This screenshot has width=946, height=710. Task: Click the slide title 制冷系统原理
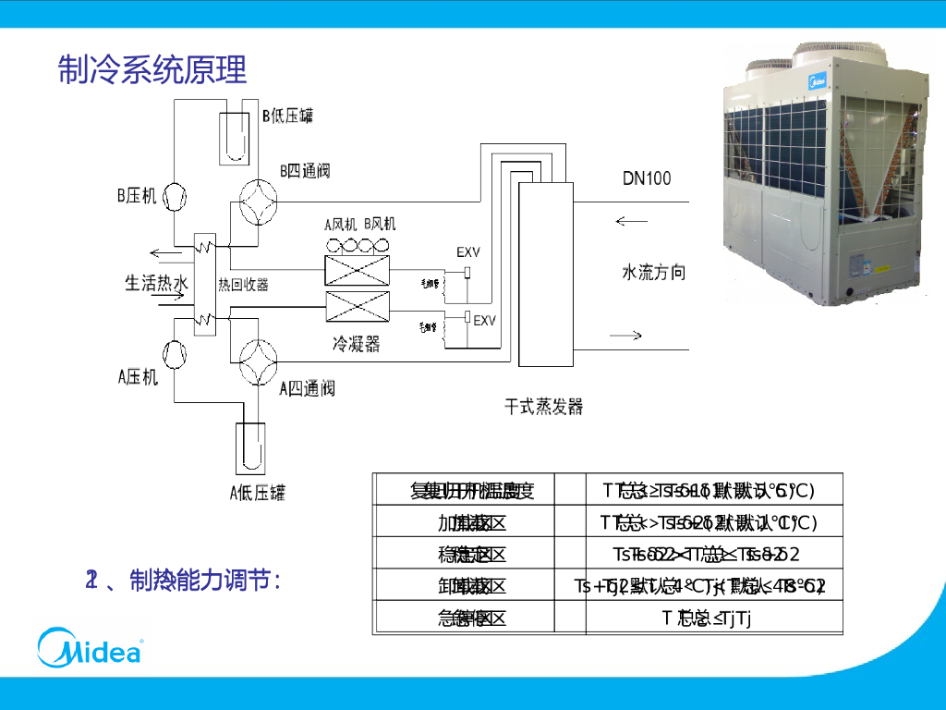tap(152, 69)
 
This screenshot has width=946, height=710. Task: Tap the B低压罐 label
tap(287, 116)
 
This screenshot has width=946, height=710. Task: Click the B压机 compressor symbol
tap(174, 196)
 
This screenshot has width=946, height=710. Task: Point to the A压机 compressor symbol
tap(174, 353)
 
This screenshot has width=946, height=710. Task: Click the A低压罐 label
tap(257, 492)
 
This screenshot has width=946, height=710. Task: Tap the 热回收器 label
tap(243, 285)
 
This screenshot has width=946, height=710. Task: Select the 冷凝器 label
tap(356, 344)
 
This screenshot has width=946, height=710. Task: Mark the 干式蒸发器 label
tap(544, 407)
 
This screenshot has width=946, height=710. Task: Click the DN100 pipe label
tap(647, 178)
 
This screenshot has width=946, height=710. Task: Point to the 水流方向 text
tap(653, 272)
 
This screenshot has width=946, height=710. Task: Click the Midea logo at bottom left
tap(90, 646)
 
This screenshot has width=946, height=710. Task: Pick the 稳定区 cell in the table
tap(472, 555)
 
